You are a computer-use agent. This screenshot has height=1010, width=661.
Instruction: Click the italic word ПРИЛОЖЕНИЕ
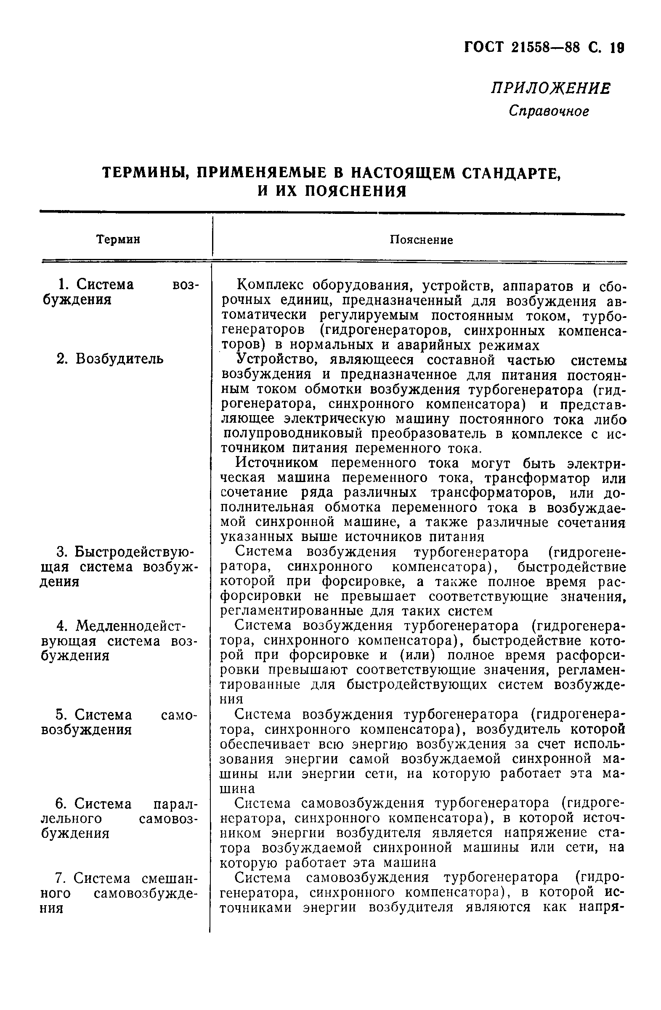pyautogui.click(x=551, y=89)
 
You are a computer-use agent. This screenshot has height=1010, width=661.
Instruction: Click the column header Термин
pyautogui.click(x=118, y=240)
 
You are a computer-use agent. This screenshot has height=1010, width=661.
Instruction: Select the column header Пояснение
pyautogui.click(x=421, y=240)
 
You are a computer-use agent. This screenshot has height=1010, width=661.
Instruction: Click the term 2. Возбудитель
pyautogui.click(x=109, y=359)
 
